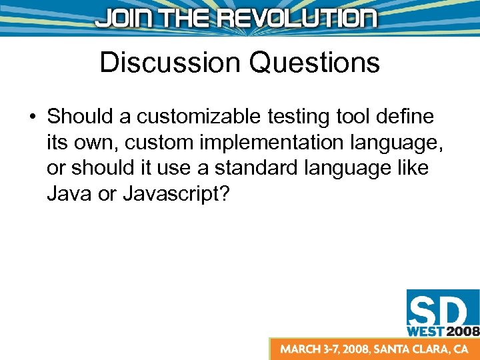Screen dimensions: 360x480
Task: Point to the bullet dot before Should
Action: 31,117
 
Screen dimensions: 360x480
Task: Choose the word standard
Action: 263,168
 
